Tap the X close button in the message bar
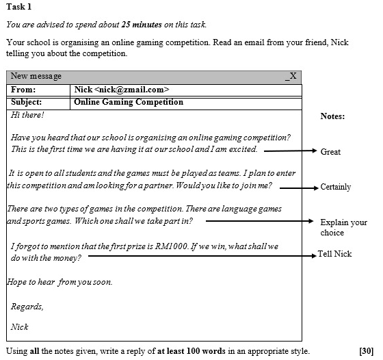(293, 76)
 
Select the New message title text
(36, 76)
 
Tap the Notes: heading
(332, 116)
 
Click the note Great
(330, 152)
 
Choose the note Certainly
(335, 187)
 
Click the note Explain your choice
(343, 227)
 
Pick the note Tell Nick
(334, 254)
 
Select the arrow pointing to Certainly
(298, 187)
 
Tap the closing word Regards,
(27, 306)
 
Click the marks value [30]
(367, 351)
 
